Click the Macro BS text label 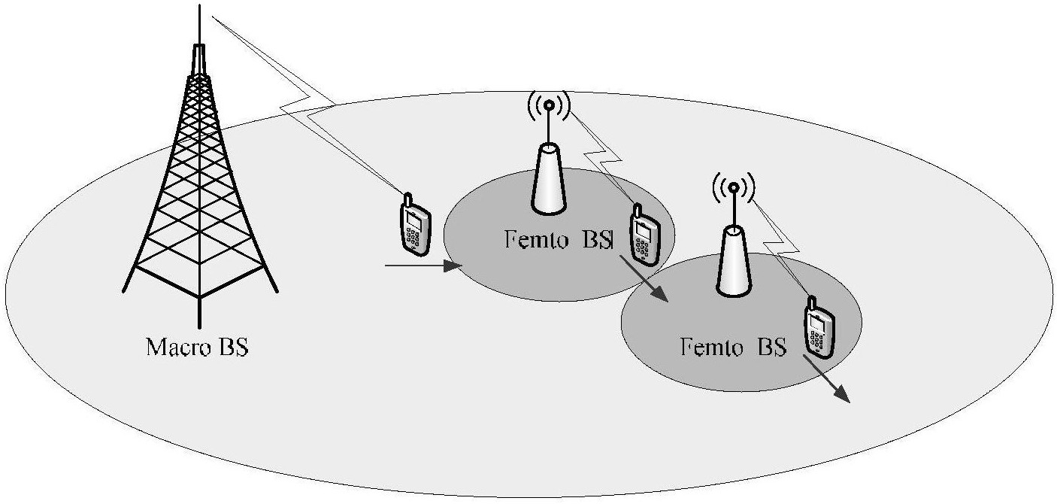[197, 348]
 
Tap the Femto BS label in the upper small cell [559, 239]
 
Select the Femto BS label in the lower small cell [733, 347]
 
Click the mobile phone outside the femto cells [415, 225]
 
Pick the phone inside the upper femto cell [644, 234]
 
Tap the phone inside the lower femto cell [819, 327]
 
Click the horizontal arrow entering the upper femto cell [423, 266]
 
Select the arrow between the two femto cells [644, 278]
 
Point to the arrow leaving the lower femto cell [827, 379]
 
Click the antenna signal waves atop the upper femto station [548, 105]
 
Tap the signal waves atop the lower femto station [733, 188]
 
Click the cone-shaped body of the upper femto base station [548, 180]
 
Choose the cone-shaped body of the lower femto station [733, 262]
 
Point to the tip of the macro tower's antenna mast [200, 5]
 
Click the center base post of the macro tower [200, 311]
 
